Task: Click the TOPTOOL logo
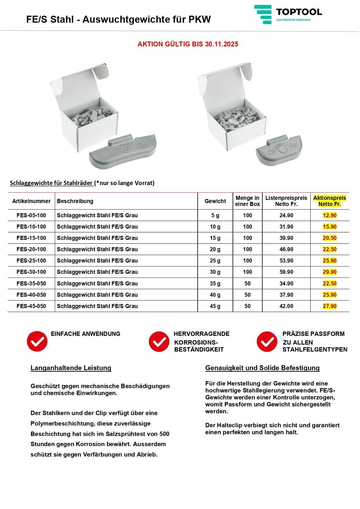(288, 14)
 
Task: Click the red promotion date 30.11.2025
(222, 44)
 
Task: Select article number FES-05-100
(31, 215)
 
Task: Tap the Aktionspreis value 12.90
(329, 215)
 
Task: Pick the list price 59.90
(286, 272)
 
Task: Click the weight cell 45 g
(215, 306)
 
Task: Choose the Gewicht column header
(215, 201)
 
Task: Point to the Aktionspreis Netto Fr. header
(329, 201)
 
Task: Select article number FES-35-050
(31, 284)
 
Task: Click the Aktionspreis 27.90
(329, 306)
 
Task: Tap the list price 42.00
(286, 306)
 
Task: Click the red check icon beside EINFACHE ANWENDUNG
(37, 341)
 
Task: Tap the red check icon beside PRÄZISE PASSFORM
(267, 341)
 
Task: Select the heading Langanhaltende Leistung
(71, 368)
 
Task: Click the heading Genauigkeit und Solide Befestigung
(262, 368)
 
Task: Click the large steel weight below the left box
(123, 151)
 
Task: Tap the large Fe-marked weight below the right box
(279, 150)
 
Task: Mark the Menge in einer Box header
(247, 201)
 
